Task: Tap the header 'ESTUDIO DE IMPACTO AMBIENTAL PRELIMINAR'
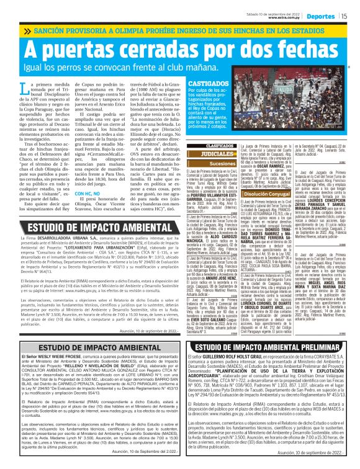[271, 347]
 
